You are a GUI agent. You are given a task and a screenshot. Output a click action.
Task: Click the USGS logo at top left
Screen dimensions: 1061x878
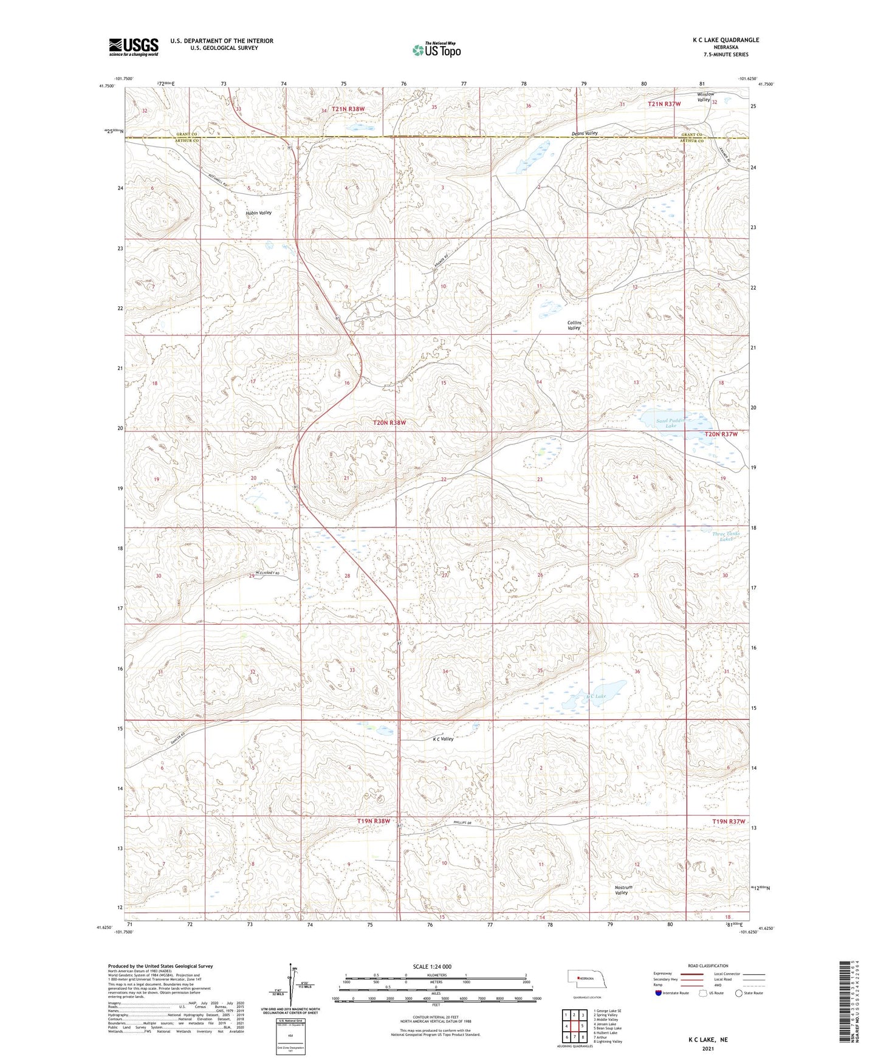pos(134,47)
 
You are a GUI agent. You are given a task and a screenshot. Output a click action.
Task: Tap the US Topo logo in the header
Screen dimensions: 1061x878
pos(436,50)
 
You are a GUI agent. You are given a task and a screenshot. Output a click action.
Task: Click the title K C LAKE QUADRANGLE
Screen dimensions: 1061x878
pos(725,40)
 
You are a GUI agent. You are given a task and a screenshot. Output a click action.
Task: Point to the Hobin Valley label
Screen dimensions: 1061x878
pos(258,213)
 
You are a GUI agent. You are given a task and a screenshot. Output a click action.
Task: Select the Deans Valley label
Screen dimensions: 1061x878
pos(585,133)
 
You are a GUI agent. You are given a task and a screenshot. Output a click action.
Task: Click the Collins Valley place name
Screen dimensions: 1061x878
pos(574,325)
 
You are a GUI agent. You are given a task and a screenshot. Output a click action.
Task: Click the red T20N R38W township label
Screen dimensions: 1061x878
pos(389,422)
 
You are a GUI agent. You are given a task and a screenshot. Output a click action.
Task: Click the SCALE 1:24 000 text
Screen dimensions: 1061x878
pos(432,967)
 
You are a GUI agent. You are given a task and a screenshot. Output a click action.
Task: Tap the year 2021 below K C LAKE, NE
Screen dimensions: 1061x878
pos(707,1049)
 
